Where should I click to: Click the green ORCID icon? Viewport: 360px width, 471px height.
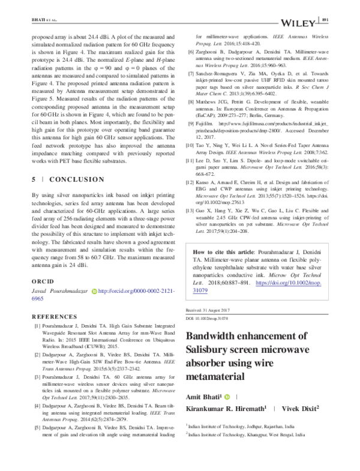click(93, 291)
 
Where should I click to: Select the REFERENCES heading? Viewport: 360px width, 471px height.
click(38, 316)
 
